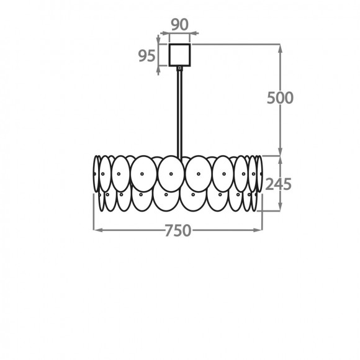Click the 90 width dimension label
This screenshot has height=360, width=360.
click(180, 25)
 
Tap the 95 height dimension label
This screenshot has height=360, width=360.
click(146, 56)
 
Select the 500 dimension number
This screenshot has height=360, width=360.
click(280, 98)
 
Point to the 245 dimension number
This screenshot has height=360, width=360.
click(278, 184)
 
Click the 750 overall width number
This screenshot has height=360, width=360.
click(178, 230)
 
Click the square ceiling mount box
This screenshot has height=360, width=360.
click(179, 55)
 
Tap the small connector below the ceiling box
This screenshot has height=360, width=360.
click(180, 68)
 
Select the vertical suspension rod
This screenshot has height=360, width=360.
click(180, 114)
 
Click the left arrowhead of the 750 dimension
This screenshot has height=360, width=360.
click(98, 230)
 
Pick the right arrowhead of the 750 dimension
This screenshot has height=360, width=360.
click(258, 230)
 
